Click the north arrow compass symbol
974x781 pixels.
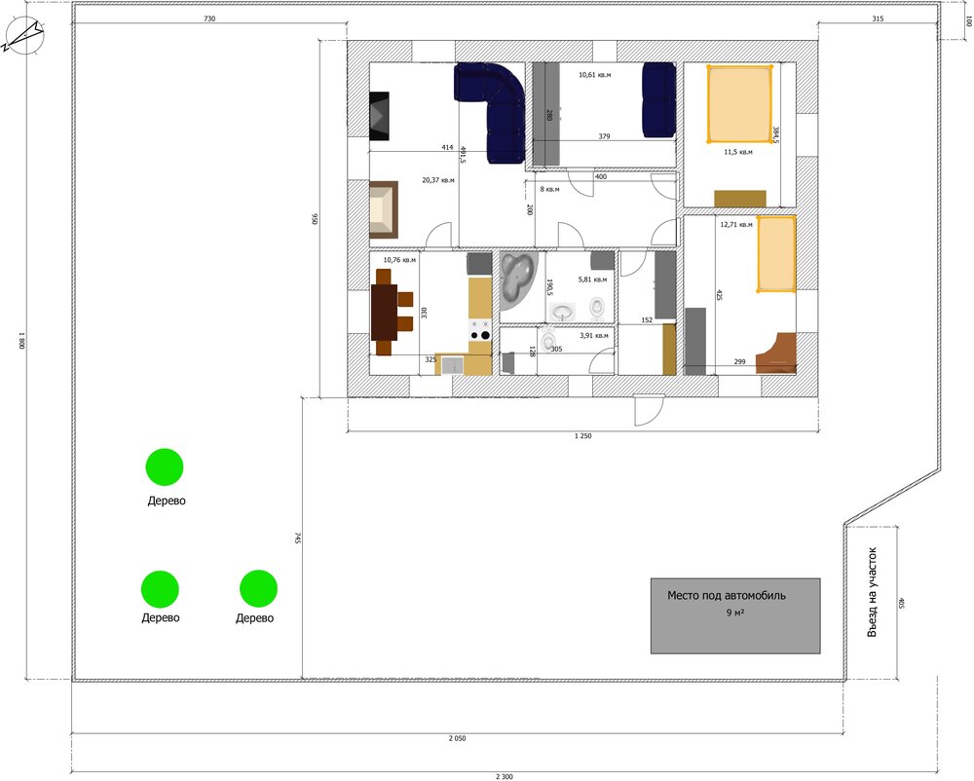point(22,35)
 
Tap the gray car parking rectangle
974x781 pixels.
point(735,615)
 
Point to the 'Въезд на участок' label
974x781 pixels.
point(872,592)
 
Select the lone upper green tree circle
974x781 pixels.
point(165,466)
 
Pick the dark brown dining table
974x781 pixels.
point(384,312)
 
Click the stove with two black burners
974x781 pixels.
point(480,330)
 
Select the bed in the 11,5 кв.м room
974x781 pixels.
point(739,103)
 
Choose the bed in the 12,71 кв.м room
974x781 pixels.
point(776,254)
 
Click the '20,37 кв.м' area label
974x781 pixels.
point(438,180)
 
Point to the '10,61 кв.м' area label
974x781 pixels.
point(594,75)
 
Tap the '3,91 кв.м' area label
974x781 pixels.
point(594,335)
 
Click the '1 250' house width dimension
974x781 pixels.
point(582,436)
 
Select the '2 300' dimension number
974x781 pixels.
point(505,776)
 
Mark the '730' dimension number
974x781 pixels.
point(209,19)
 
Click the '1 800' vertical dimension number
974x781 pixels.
point(21,341)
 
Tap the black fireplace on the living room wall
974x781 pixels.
point(380,116)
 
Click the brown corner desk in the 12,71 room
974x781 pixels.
point(776,353)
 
